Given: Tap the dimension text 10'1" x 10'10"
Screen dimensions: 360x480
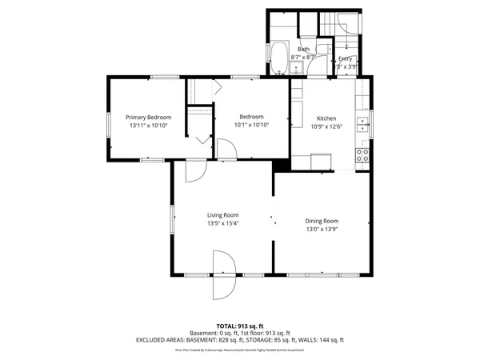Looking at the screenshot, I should (251, 125).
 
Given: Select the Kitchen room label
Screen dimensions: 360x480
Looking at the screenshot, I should (326, 117).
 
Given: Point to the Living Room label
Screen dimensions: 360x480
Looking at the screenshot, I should (223, 214).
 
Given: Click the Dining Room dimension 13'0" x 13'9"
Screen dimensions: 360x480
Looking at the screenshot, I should (322, 230).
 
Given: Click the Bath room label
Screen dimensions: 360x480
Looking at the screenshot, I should (304, 49).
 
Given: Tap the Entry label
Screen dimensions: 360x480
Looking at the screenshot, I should (345, 58).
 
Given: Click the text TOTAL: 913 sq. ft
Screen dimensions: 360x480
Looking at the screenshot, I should (240, 326).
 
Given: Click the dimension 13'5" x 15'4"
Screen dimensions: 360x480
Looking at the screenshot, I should (223, 223).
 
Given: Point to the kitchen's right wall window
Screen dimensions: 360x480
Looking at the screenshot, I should (372, 120).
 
